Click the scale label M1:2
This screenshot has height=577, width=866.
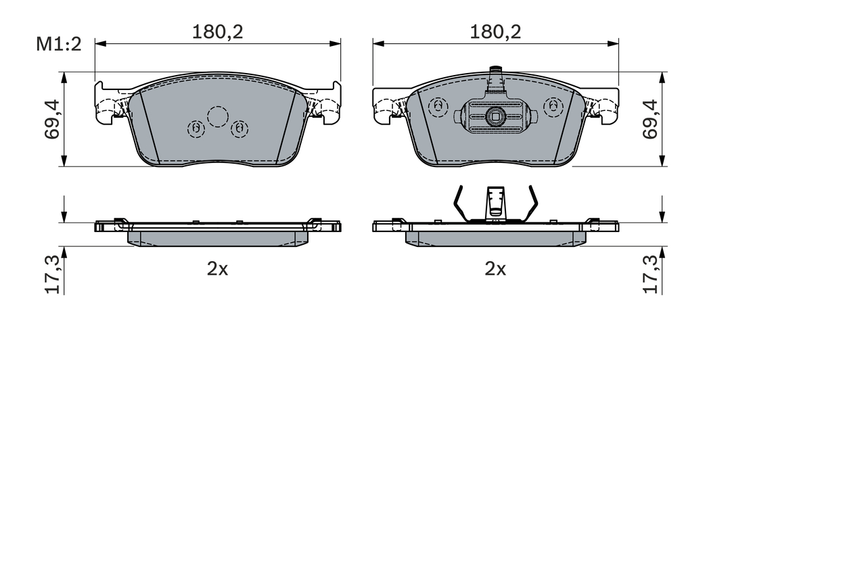[59, 44]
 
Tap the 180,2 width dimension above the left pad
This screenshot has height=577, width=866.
[218, 32]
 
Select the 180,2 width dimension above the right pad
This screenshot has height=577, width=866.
[495, 32]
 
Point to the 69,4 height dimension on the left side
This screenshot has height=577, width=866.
[52, 119]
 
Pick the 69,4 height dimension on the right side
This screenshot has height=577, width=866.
[650, 119]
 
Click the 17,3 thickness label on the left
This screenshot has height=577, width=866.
[53, 275]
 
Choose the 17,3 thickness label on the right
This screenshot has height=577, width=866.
[650, 275]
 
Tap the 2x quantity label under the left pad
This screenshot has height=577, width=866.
[218, 269]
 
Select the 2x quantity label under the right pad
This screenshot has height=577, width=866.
[495, 269]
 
